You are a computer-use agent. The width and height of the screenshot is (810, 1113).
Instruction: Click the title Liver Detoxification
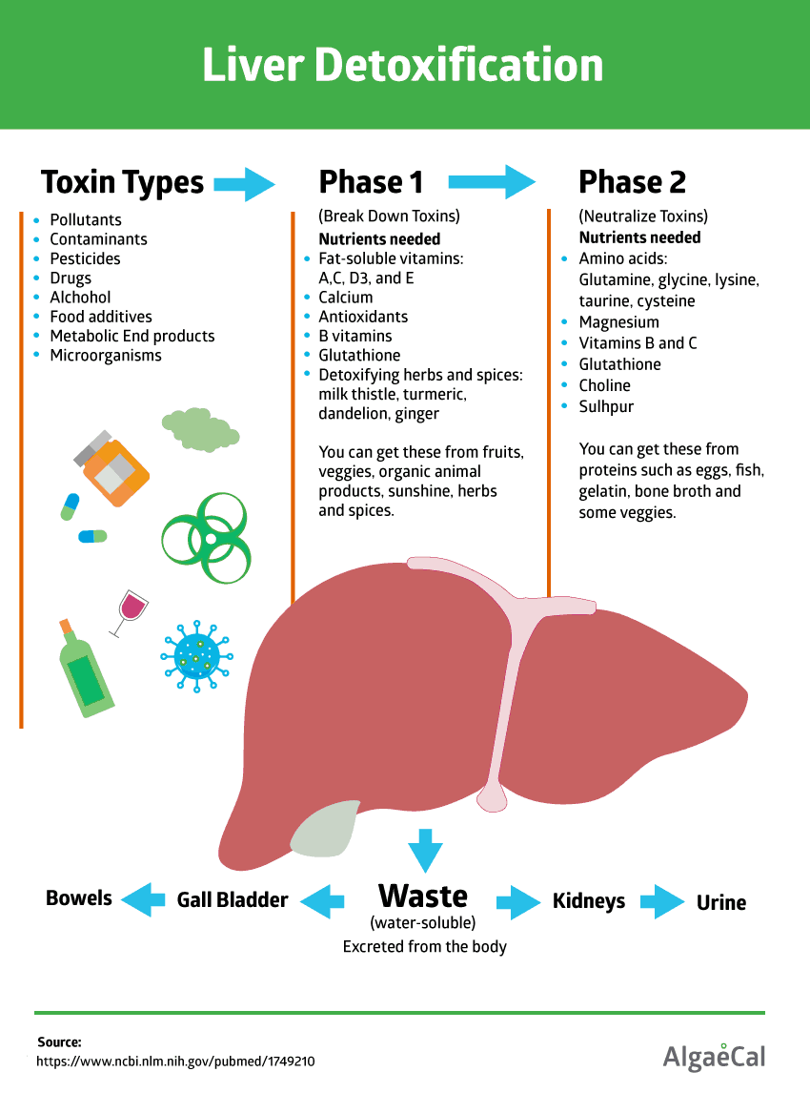pos(403,65)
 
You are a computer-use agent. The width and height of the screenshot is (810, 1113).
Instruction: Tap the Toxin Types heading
pos(122,182)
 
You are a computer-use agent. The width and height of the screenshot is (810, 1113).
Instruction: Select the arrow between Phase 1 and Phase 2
pos(493,182)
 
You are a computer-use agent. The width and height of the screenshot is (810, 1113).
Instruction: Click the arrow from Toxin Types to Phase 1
pos(244,182)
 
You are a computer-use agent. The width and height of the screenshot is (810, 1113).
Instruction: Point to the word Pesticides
pos(85,258)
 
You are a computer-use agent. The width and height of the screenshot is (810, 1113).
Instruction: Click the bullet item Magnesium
pos(618,322)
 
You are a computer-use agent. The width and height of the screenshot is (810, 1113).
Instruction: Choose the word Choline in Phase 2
pos(604,385)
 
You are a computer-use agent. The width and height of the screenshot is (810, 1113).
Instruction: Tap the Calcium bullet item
pos(346,298)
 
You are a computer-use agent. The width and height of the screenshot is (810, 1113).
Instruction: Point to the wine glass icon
pos(130,610)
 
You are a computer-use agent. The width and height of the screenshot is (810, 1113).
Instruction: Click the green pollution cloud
pos(199,428)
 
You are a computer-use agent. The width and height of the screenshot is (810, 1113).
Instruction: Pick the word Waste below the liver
pos(423,897)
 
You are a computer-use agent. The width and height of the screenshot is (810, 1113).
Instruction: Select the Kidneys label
pos(589,901)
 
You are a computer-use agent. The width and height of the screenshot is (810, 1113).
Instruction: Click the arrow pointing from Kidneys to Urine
pos(661,901)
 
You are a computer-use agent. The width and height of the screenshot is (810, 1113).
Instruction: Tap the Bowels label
pos(79,898)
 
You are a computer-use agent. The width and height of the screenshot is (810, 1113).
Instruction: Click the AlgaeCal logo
pos(714,1056)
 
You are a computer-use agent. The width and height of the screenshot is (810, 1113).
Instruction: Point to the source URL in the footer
pos(175,1061)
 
